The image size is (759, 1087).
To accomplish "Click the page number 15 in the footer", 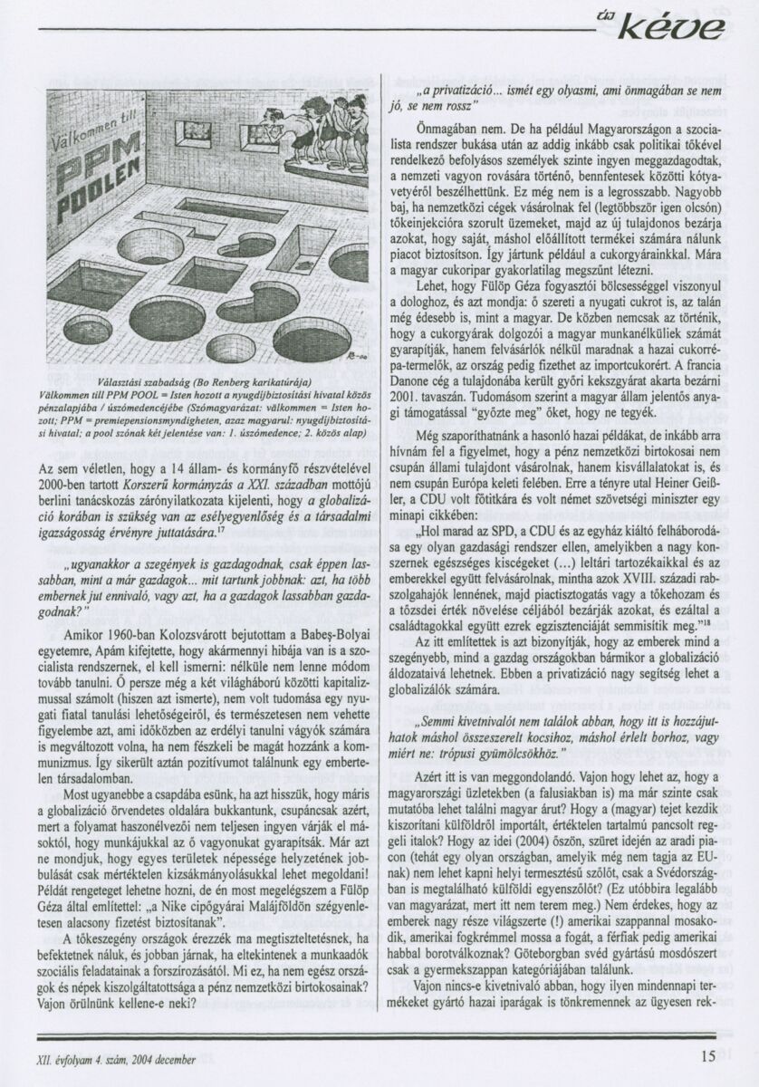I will [x=707, y=1053].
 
